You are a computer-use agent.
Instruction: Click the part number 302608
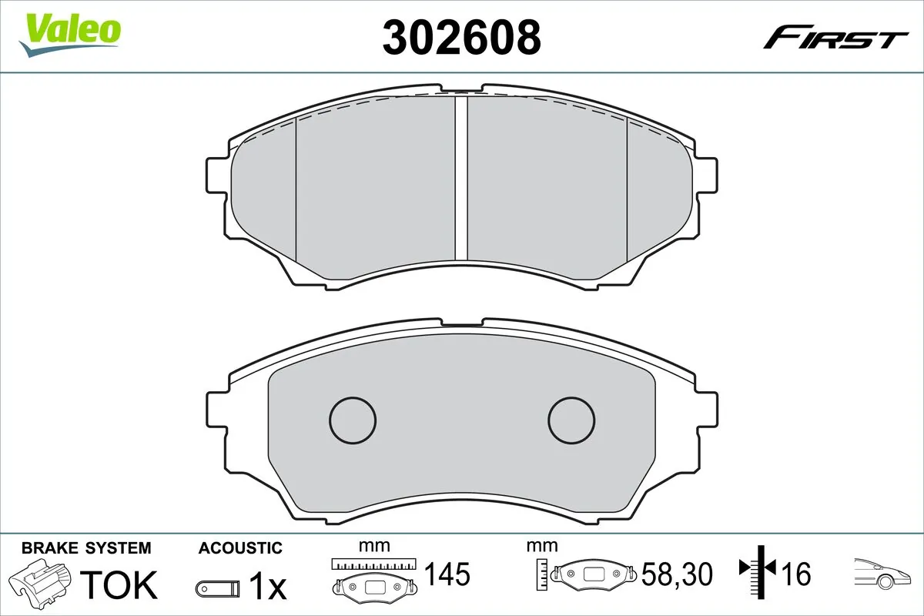[462, 36]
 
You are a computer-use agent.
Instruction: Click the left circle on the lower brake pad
[353, 420]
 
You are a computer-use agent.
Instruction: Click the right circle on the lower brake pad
[571, 420]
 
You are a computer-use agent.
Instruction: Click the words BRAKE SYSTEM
[86, 548]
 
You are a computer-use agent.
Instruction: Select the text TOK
[119, 584]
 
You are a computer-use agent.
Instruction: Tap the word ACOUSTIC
[240, 548]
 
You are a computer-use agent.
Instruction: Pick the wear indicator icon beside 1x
[216, 588]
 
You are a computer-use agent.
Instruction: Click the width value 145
[447, 574]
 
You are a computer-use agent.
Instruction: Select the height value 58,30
[677, 574]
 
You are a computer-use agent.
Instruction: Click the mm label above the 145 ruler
[375, 546]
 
